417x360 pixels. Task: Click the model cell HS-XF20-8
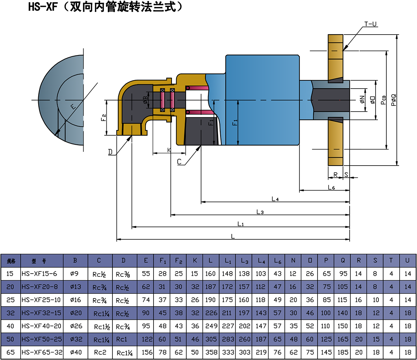click(x=42, y=287)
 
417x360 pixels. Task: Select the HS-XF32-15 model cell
click(x=42, y=313)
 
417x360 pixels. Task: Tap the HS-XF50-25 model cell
click(x=42, y=339)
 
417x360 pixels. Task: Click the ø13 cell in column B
click(x=75, y=287)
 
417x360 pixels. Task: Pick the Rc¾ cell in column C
click(x=99, y=287)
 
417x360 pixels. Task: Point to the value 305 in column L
click(x=210, y=339)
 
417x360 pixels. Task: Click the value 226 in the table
click(x=210, y=313)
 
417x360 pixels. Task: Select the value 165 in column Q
click(x=342, y=339)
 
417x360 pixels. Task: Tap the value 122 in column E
click(x=146, y=339)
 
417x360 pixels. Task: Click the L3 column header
click(x=244, y=261)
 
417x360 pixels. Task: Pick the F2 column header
click(x=178, y=261)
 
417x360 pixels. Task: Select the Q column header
click(x=342, y=261)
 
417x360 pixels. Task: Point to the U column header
click(x=407, y=261)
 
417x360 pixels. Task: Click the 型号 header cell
click(x=42, y=261)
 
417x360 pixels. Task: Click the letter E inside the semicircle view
click(x=73, y=107)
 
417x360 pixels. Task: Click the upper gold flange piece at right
click(x=336, y=58)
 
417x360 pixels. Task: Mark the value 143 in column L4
click(x=260, y=313)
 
